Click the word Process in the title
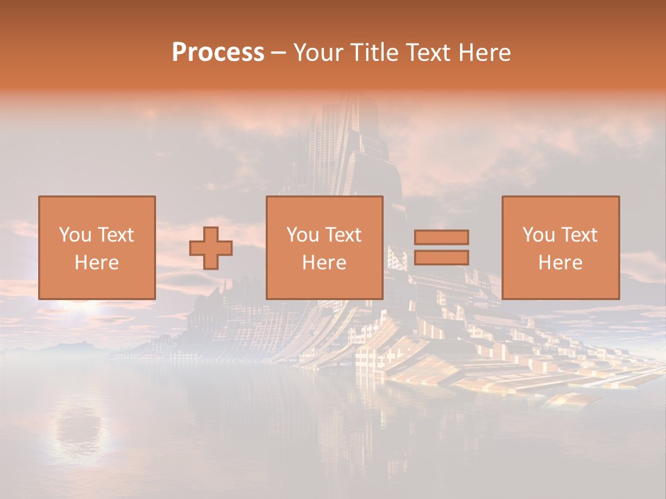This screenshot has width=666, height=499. pos(218,53)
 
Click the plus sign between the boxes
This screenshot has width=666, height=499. pos(211,247)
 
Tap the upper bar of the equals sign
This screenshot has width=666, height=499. pos(441,237)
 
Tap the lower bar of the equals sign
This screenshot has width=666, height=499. pos(441,258)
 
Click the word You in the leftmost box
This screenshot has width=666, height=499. pos(74,235)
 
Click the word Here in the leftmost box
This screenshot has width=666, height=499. pos(96,263)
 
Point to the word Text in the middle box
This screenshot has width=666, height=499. pos(343,235)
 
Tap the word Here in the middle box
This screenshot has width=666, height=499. pos(324,263)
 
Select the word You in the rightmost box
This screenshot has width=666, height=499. pos(538,235)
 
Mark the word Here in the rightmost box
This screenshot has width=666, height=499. pos(561,263)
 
